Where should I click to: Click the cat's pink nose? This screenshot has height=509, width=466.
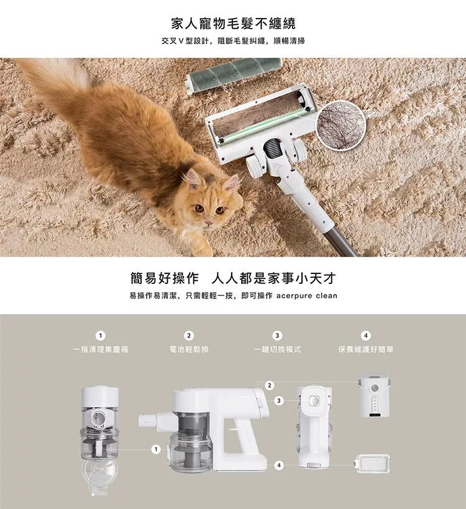coord(208,222)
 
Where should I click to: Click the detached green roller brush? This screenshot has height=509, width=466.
coord(234,75)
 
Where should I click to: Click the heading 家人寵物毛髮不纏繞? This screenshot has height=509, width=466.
coord(234,24)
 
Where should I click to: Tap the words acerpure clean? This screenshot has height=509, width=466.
coord(307,296)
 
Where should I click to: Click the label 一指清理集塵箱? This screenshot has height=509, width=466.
coord(101,349)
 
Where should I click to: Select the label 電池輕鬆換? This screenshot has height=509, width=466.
coord(189,349)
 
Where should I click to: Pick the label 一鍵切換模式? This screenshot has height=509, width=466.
coord(278,349)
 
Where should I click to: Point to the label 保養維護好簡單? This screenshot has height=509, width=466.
coord(366,349)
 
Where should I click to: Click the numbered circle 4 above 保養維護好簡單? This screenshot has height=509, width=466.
coord(366,336)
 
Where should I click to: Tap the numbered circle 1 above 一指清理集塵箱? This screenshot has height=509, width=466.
coord(101,336)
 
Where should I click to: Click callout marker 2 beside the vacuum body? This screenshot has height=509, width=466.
coord(269,385)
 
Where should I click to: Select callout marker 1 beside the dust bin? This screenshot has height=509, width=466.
coord(156,449)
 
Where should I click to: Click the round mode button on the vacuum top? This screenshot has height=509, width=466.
coord(314,401)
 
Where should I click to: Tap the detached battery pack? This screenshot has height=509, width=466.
coord(375,397)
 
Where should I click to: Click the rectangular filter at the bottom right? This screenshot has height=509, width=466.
coord(373,463)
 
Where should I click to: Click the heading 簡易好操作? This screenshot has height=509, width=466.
coord(165,278)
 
